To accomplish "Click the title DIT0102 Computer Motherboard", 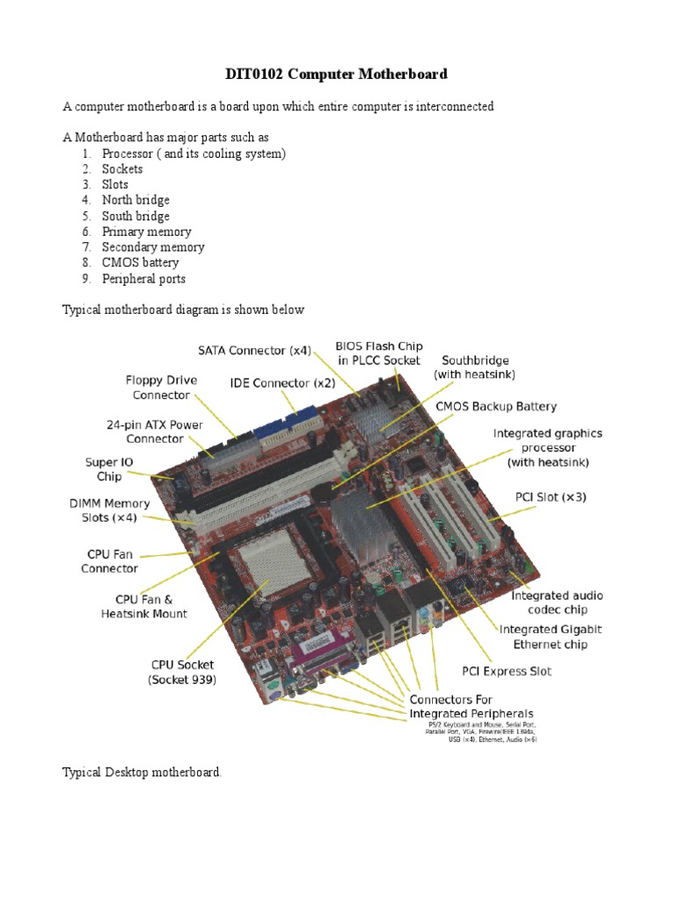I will pos(337,75).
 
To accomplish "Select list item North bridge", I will pos(135,200).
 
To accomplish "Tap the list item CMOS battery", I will pos(139,262).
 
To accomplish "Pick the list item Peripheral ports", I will pos(143,278).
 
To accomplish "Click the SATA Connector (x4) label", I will pos(254,351).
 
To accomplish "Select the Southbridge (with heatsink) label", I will pos(474,367).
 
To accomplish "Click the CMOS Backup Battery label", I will pos(496,407).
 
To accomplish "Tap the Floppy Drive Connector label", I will pos(161,388).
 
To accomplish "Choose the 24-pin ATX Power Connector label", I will pos(154,431).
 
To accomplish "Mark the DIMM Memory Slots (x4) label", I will pos(110,510).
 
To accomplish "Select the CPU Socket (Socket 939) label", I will pos(181,672).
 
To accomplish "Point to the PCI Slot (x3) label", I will pos(550,497).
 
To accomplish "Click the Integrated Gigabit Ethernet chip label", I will pos(550,637).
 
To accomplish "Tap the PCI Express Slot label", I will pos(507,672).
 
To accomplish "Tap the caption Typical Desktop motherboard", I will pos(142,773).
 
